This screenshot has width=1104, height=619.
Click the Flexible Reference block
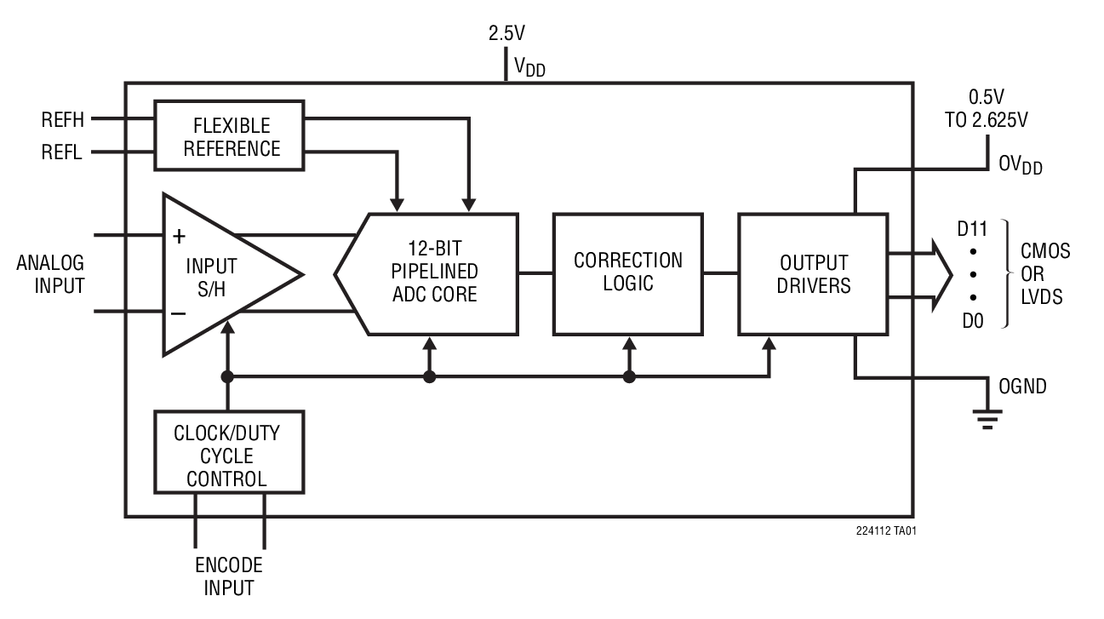coord(229,136)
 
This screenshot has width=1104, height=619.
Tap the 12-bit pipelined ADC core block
coord(434,273)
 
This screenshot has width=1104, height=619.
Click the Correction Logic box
coord(627,272)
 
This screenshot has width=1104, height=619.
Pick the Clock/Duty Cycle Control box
coord(228,456)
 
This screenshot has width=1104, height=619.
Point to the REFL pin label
coord(63,153)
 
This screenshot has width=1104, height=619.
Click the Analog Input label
coord(51,273)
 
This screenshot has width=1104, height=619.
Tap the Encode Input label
coord(228,576)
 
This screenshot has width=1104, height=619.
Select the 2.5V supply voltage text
coord(507,33)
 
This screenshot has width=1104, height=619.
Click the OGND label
coord(1022,387)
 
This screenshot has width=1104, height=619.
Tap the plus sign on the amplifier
coord(180,235)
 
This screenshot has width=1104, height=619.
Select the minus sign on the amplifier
coord(179,312)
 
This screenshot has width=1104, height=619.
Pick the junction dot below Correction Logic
coord(629,376)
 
